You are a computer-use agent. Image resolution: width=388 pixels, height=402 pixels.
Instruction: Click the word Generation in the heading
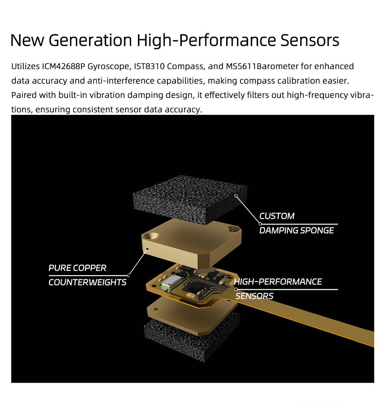click(x=90, y=40)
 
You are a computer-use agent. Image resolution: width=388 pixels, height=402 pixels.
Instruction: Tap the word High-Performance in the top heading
click(x=206, y=41)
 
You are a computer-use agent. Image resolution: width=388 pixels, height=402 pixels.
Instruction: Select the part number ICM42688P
click(x=63, y=66)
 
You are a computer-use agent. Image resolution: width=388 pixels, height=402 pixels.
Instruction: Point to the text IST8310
click(x=149, y=66)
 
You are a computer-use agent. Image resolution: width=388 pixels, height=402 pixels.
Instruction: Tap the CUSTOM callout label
click(x=276, y=216)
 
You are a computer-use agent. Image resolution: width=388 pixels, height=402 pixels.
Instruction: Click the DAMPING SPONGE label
click(x=296, y=230)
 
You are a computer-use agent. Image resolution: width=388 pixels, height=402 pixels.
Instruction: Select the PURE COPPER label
click(x=77, y=268)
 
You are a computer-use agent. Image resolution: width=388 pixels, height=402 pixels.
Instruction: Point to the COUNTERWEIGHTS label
click(x=87, y=282)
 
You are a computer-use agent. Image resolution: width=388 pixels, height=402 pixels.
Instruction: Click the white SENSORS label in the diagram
click(x=254, y=296)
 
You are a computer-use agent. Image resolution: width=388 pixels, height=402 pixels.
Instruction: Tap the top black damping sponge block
click(x=190, y=199)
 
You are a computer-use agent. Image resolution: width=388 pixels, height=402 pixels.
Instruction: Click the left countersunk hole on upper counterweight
click(x=151, y=235)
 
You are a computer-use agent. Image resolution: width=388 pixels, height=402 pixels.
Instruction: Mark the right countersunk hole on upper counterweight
click(x=232, y=229)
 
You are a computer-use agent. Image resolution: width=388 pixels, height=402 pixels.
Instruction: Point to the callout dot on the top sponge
click(x=236, y=195)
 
